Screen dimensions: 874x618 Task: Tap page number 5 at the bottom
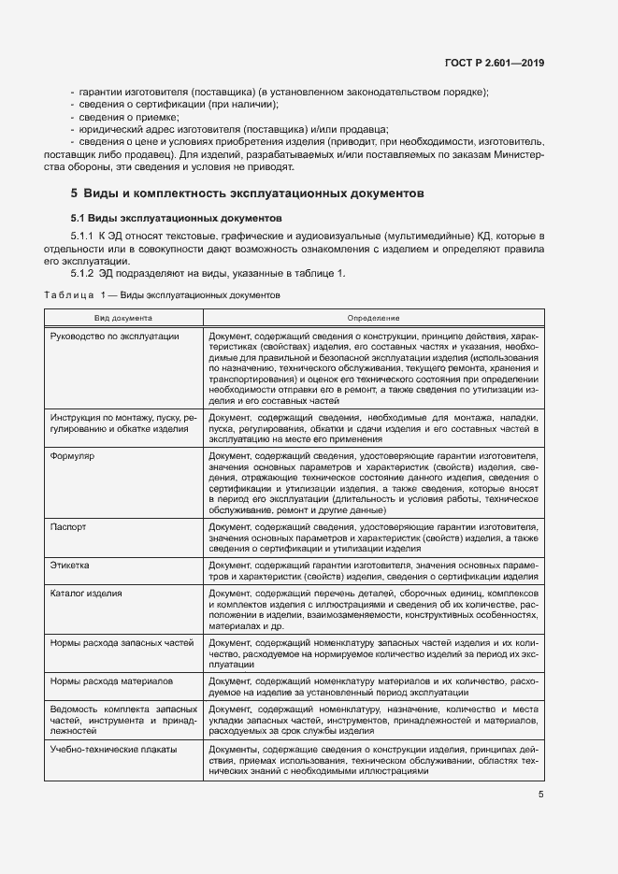coord(540,795)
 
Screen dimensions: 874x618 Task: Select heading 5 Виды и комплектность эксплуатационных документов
coord(248,193)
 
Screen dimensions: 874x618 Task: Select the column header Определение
coord(373,318)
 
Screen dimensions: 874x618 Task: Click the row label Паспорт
coord(68,527)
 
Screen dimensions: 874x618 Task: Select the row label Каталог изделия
coord(87,594)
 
